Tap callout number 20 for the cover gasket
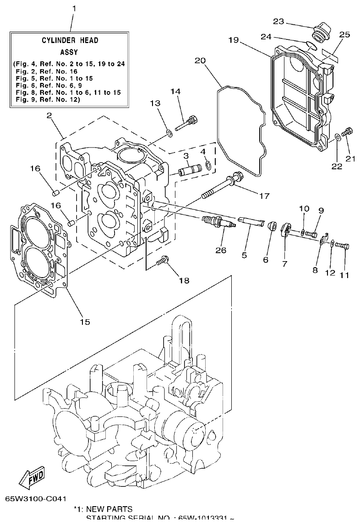coord(200,60)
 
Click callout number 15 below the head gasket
coord(85,322)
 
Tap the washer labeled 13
coord(169,133)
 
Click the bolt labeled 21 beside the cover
coord(348,132)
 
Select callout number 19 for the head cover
coord(233,40)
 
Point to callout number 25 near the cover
coord(344,34)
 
